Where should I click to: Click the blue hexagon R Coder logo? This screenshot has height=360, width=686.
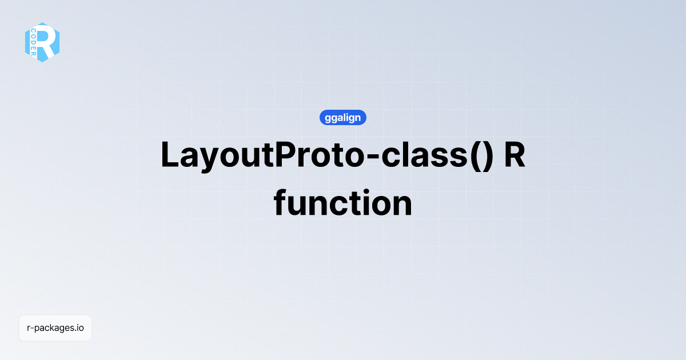(42, 42)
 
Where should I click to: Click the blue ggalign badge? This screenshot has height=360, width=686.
(342, 118)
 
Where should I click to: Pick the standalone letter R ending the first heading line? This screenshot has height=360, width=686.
(514, 155)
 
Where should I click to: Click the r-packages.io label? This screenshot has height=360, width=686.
(55, 328)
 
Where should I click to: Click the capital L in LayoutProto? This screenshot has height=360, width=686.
(170, 155)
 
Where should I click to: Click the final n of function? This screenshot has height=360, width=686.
(401, 205)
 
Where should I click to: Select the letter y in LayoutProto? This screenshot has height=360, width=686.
(208, 160)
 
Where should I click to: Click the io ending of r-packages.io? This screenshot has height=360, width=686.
(79, 328)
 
